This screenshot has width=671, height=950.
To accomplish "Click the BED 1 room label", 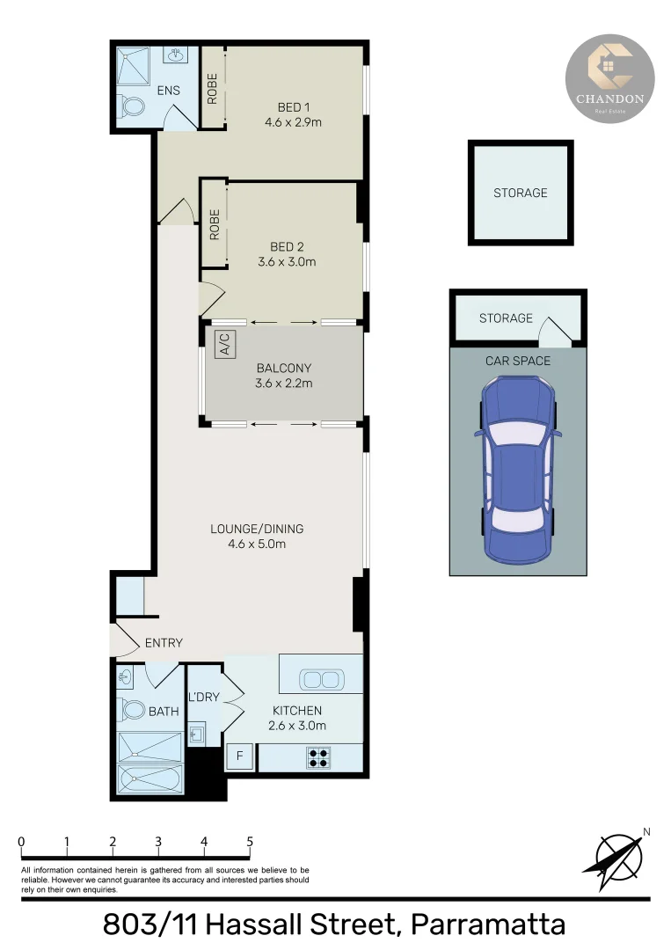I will [293, 107].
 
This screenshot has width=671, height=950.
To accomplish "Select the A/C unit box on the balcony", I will [223, 344].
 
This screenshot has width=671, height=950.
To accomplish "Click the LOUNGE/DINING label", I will [257, 529].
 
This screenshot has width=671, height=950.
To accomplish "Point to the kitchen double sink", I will [320, 679].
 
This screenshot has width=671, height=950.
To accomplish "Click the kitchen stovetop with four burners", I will [318, 757].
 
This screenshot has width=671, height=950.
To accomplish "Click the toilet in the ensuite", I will [133, 108].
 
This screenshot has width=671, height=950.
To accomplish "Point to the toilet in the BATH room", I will [133, 709].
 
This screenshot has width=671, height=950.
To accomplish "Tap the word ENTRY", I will [164, 643].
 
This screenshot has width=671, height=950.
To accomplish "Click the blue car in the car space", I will [518, 468].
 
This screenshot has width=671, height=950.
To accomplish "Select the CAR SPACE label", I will [518, 361].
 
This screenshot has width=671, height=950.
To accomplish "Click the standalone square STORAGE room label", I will [520, 193].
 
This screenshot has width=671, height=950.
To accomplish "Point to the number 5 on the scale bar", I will [250, 841].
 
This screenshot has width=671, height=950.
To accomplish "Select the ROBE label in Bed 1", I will [212, 89].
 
